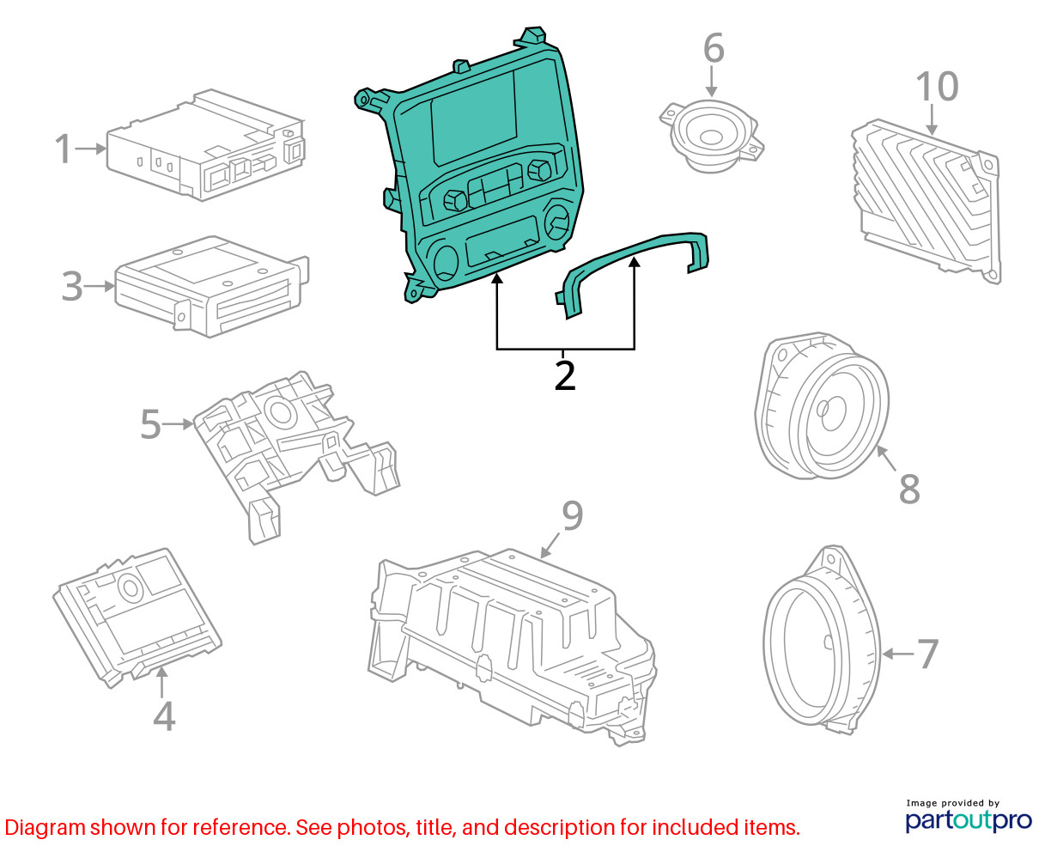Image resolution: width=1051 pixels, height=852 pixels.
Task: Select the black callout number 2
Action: tap(564, 375)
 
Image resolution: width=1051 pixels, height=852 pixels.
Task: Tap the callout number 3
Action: tap(72, 286)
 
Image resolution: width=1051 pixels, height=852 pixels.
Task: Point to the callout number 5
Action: tap(150, 423)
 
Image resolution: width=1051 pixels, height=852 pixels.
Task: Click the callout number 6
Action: tap(714, 48)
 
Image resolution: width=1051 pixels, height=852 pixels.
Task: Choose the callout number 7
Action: tap(927, 654)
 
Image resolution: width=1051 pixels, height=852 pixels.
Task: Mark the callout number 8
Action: tap(909, 489)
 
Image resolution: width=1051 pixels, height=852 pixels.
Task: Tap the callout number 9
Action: tap(573, 515)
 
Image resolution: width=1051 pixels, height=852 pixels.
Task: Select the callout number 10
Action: tap(937, 87)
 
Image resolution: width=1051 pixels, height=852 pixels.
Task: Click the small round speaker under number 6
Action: tap(712, 136)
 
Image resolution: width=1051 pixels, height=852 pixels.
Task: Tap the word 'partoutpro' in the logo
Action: tap(968, 821)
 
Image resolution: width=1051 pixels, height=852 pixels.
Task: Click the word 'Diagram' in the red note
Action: tap(46, 828)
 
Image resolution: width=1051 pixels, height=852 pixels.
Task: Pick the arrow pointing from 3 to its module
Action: tap(99, 286)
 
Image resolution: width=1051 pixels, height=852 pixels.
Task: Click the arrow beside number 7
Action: tap(898, 654)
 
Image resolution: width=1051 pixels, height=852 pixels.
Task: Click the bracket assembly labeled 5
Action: tap(296, 457)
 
